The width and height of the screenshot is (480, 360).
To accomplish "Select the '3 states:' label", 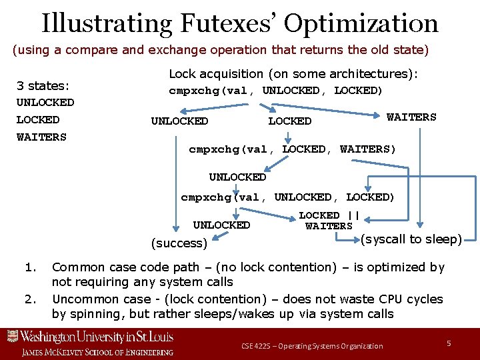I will tap(43, 86).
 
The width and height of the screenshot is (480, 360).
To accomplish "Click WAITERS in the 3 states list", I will tap(41, 137).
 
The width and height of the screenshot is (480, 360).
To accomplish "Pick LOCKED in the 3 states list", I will tap(38, 120).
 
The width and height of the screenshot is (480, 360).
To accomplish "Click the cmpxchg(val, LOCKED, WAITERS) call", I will tap(292, 149).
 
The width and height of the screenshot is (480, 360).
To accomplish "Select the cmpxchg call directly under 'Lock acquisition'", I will tap(275, 91).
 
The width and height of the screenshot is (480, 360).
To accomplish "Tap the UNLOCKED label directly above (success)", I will tap(221, 225).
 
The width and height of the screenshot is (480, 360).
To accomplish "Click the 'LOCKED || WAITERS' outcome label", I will tap(329, 221).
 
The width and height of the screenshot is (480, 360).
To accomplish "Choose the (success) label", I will tap(179, 243).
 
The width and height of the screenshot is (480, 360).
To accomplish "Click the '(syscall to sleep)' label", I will tap(411, 239).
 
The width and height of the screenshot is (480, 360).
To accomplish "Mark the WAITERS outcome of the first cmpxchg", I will tap(411, 117).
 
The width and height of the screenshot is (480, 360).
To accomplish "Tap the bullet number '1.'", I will tap(29, 267).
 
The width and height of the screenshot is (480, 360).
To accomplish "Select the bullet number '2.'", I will tap(29, 298).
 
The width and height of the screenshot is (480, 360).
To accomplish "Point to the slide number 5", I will tap(449, 343).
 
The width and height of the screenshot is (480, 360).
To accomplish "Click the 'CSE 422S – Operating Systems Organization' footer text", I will tap(312, 345).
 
